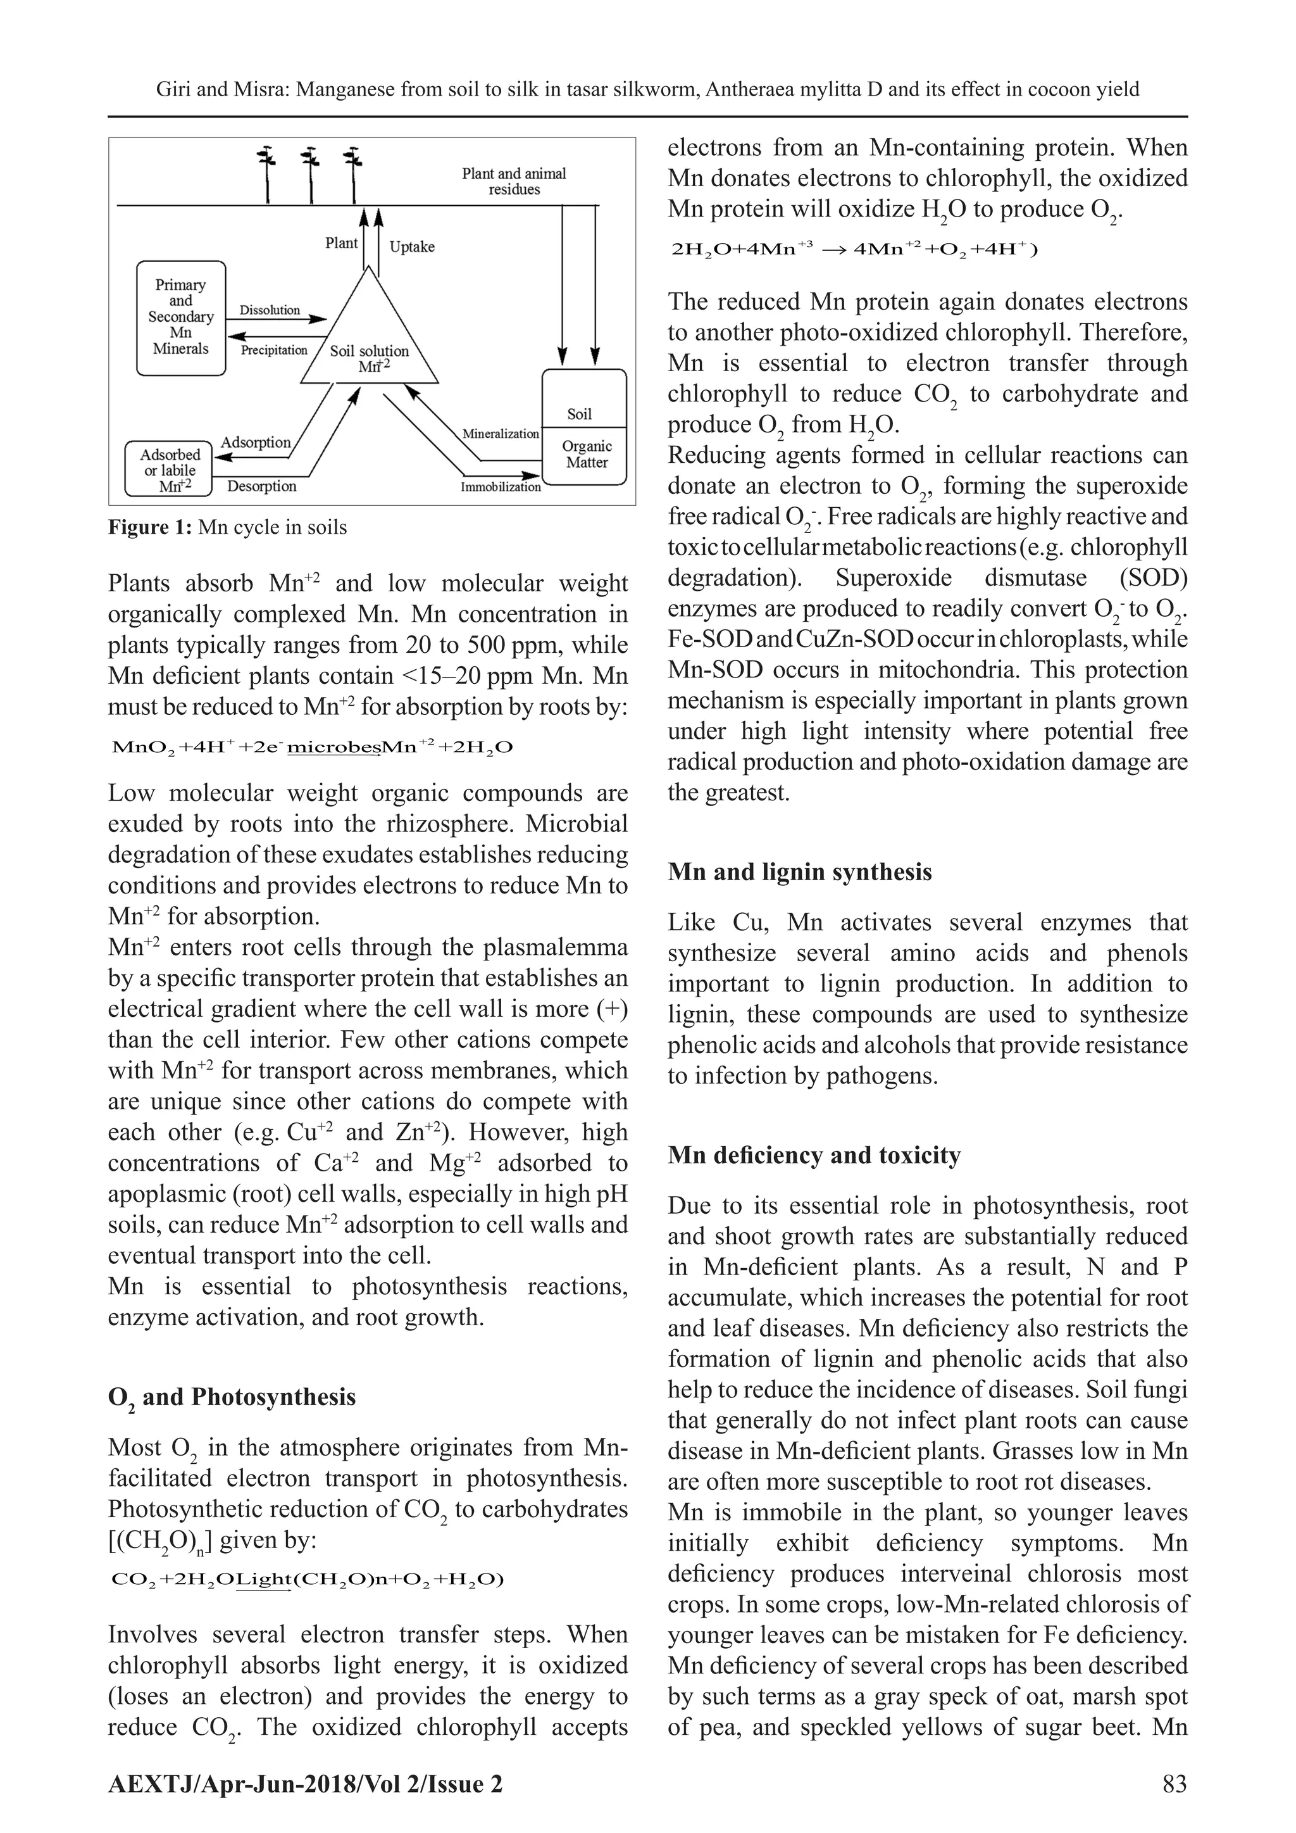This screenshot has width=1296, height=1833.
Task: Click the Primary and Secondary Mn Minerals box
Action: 180,317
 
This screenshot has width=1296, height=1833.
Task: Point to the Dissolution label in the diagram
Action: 270,310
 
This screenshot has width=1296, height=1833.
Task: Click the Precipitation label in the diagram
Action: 274,350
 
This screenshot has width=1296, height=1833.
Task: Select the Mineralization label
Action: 501,434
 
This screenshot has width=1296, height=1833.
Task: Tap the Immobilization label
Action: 501,486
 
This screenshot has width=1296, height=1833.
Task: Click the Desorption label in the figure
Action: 262,486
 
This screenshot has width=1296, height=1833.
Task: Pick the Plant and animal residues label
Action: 514,181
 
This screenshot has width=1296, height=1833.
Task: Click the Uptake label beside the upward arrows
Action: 412,247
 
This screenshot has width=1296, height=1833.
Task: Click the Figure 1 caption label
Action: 227,527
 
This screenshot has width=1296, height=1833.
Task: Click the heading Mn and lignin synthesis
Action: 800,872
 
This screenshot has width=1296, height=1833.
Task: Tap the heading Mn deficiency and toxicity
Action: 814,1156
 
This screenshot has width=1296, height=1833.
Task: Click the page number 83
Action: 1174,1784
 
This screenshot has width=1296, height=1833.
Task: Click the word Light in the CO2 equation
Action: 263,1578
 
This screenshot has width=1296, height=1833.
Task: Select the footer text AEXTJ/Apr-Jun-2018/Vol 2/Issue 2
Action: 305,1784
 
